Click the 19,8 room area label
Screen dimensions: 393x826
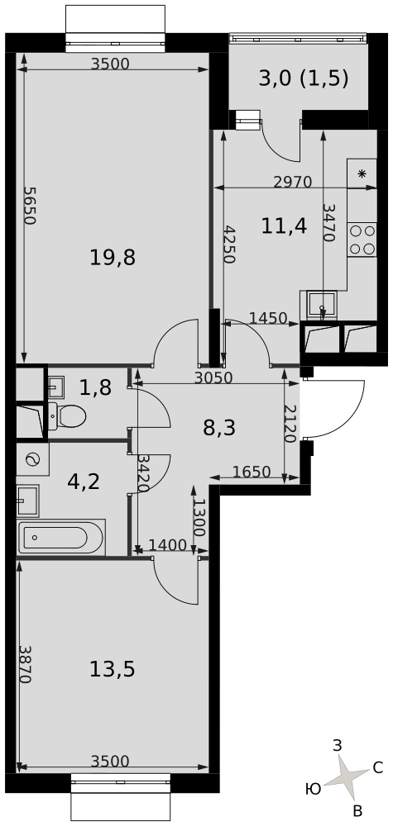113,258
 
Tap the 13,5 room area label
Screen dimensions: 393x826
113,670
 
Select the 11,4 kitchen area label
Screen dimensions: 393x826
284,226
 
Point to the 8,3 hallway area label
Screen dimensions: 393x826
219,427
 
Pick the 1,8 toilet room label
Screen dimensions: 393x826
95,388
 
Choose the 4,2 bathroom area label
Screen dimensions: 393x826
84,481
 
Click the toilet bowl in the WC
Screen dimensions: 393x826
67,416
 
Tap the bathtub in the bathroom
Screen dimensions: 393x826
61,538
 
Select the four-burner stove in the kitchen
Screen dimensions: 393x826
362,240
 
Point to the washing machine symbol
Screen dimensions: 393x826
33,459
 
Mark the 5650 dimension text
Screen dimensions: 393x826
30,206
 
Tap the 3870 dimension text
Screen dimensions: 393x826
24,664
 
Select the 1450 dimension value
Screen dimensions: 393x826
268,318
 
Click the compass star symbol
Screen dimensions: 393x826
346,776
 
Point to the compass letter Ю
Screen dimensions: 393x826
314,789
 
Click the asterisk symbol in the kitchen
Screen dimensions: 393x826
362,173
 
